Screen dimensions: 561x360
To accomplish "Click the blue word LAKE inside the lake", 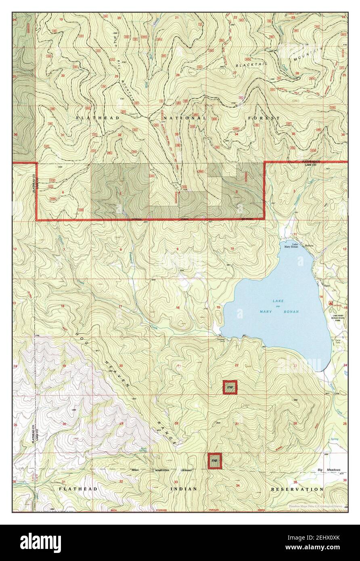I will pyautogui.click(x=278, y=301).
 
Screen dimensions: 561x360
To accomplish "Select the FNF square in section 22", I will pyautogui.click(x=230, y=387).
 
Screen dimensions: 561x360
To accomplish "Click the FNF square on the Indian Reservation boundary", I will pyautogui.click(x=215, y=461).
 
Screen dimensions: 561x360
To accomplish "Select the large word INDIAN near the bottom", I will pyautogui.click(x=184, y=489).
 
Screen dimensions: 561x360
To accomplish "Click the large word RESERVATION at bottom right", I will pyautogui.click(x=297, y=489).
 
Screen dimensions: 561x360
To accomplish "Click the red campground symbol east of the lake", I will pyautogui.click(x=331, y=302).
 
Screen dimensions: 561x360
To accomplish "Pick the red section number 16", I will pyautogui.click(x=178, y=308).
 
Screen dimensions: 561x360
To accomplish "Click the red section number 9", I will pyautogui.click(x=178, y=249).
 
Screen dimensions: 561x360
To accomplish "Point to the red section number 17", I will pyautogui.click(x=120, y=307).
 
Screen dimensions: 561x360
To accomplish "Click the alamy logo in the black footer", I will pyautogui.click(x=41, y=542).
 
